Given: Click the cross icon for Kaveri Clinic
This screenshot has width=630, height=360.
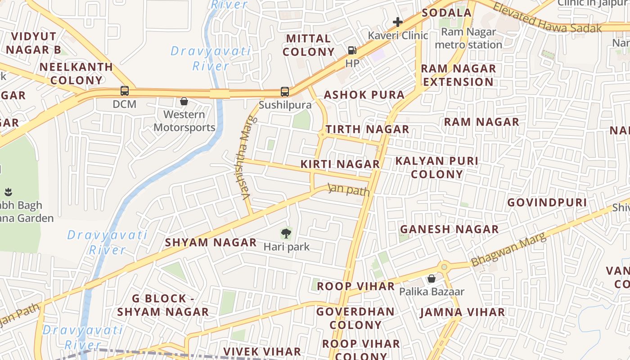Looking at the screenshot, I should tap(397, 22).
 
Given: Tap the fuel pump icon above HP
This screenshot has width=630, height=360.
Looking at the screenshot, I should tap(352, 50).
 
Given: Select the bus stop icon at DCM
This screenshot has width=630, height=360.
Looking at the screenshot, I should tap(125, 91).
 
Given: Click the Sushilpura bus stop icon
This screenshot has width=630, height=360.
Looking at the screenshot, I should tap(285, 92).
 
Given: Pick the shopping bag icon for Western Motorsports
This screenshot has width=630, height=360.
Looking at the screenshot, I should tap(184, 101).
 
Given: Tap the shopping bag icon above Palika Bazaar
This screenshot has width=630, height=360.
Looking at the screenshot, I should tap(432, 279).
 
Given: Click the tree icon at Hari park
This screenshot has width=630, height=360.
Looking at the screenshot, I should tap(286, 233).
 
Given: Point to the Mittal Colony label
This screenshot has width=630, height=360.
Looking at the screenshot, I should tap(309, 45).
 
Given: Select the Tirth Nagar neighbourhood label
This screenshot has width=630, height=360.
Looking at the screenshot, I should tap(368, 130).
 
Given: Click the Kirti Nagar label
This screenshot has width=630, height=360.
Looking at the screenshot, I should tap(340, 164).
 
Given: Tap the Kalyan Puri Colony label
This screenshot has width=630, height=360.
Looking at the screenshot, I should tap(437, 167).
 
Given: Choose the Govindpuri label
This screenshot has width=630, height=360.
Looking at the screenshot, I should tap(547, 202).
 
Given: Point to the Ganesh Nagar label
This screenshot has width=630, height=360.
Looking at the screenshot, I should tap(450, 229).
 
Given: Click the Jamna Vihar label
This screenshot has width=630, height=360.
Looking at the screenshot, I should tap(463, 312).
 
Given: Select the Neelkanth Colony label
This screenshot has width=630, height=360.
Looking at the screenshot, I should tap(76, 73).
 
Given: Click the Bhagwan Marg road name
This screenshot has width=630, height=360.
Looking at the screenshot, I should tap(508, 249).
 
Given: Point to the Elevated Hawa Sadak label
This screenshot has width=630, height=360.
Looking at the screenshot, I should tap(547, 18).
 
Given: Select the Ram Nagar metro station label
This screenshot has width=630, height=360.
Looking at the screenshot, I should tap(468, 38).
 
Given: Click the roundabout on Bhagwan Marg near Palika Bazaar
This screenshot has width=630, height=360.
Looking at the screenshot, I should tap(445, 267).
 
